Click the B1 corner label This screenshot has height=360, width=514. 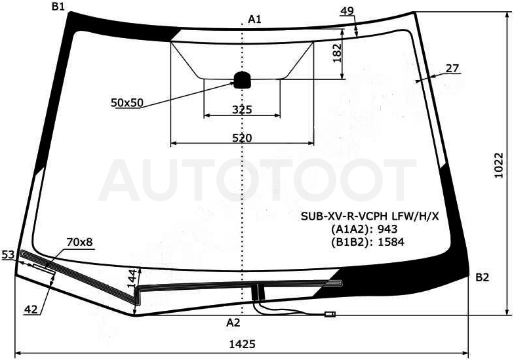58,7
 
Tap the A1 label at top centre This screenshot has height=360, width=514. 254,20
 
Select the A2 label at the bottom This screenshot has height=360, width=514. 233,323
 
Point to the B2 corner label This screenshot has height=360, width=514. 483,277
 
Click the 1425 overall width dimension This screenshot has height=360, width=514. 242,344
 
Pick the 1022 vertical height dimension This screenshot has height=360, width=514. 499,165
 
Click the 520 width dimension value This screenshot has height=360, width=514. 242,138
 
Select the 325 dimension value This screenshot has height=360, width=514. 242,109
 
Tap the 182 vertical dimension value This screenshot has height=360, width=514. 337,53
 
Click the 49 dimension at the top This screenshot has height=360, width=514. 347,11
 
